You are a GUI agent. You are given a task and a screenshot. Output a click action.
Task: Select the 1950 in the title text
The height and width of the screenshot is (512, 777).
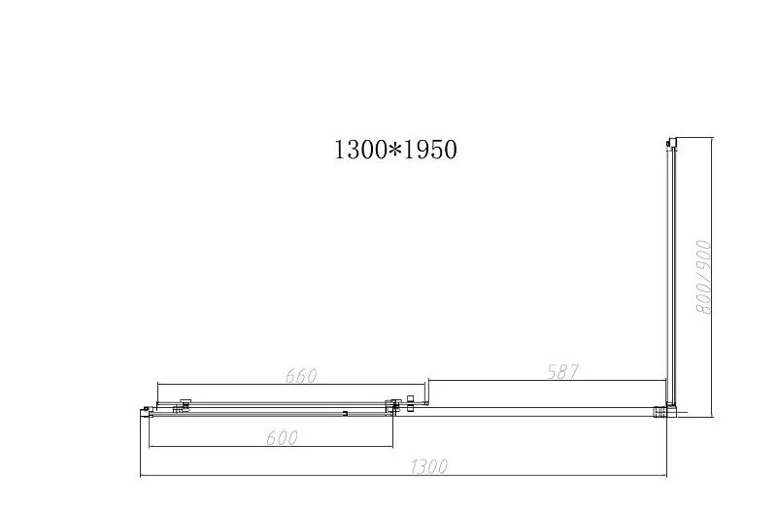click(430, 151)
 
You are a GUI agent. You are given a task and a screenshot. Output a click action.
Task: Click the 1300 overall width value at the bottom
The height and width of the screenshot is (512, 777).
click(428, 467)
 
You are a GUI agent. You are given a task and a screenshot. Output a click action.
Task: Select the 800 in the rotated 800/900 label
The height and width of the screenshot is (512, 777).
click(704, 297)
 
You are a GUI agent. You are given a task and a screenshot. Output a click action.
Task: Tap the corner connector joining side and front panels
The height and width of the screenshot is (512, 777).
click(666, 411)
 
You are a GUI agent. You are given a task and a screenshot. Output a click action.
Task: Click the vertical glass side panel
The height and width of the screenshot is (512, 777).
click(668, 272)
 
